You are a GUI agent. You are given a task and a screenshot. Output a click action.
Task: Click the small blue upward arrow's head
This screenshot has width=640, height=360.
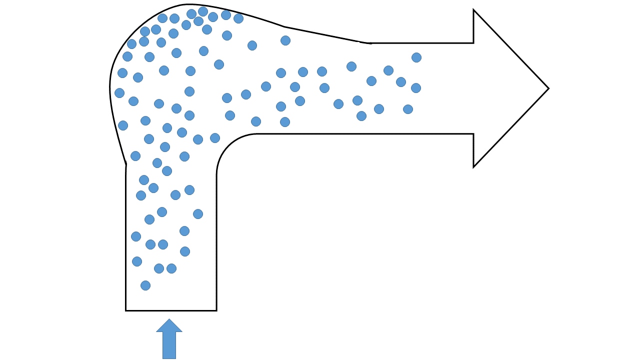coord(169,326)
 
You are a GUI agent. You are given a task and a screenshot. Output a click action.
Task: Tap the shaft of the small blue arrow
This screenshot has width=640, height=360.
coord(169,345)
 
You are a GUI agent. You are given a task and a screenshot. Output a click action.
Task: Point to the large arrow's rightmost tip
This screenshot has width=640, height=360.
coord(548,88)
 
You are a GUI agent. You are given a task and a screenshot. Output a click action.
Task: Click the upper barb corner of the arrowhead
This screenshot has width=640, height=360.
coord(473,10)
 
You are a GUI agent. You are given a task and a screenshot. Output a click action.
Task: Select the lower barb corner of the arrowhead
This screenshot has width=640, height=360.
coord(473,166)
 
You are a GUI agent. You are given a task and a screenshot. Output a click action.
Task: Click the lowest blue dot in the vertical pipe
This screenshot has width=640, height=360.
coord(145,285)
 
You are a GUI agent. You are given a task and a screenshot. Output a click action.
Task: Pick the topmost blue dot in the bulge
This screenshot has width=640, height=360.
coord(203,11)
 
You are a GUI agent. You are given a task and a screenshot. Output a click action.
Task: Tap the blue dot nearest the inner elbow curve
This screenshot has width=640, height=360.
coord(215,138)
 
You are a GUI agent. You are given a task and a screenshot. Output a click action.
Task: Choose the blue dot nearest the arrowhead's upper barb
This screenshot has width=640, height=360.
coord(416,57)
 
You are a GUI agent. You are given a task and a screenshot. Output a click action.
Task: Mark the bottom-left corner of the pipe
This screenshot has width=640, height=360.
coord(126,310)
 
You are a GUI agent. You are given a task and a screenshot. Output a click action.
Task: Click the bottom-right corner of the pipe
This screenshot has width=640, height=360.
coord(216,310)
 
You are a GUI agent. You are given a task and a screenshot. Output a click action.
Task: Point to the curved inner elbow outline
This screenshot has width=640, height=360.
coord(227,145)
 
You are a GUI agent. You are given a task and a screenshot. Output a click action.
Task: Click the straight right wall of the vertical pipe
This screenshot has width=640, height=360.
coord(216,240)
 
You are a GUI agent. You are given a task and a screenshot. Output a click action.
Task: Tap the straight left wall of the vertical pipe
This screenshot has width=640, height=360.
coord(126,240)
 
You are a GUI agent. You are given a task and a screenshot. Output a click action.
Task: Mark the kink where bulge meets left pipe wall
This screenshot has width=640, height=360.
coord(126,164)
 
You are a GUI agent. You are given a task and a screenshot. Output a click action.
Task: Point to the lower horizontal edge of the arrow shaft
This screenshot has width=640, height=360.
coord(365,134)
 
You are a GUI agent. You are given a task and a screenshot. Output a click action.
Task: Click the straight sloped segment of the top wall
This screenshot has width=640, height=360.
coord(325,35)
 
